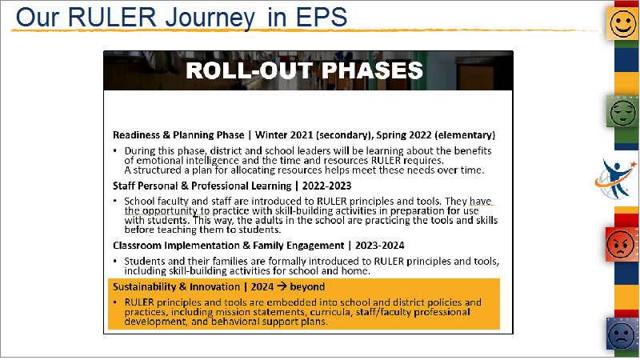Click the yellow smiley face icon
[623, 24]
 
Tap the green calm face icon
[623, 111]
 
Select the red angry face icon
[621, 244]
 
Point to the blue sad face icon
[622, 334]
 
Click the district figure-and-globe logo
[615, 179]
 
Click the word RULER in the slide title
[112, 17]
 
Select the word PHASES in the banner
[372, 70]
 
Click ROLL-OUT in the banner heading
[250, 70]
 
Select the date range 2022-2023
[326, 186]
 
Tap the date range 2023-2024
[379, 246]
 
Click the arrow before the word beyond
[282, 286]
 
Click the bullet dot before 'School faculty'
[115, 201]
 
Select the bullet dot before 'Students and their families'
[115, 261]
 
